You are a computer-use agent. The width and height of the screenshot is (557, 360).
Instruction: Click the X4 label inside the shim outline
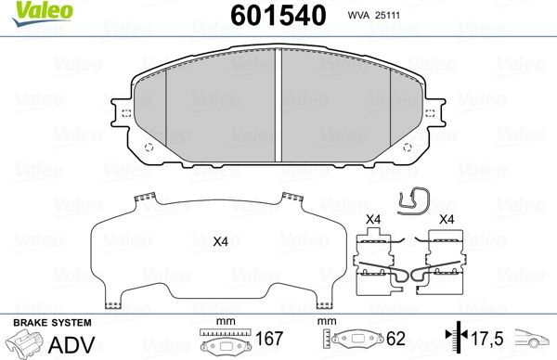click(x=220, y=242)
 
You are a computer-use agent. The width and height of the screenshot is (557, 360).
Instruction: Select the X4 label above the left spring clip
click(x=374, y=220)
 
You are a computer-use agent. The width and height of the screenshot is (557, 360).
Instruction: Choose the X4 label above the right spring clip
click(x=446, y=220)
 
